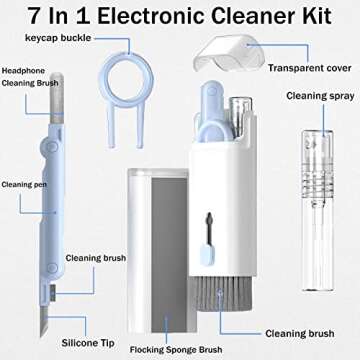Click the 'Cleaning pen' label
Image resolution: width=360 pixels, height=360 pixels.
pos(21,185)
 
